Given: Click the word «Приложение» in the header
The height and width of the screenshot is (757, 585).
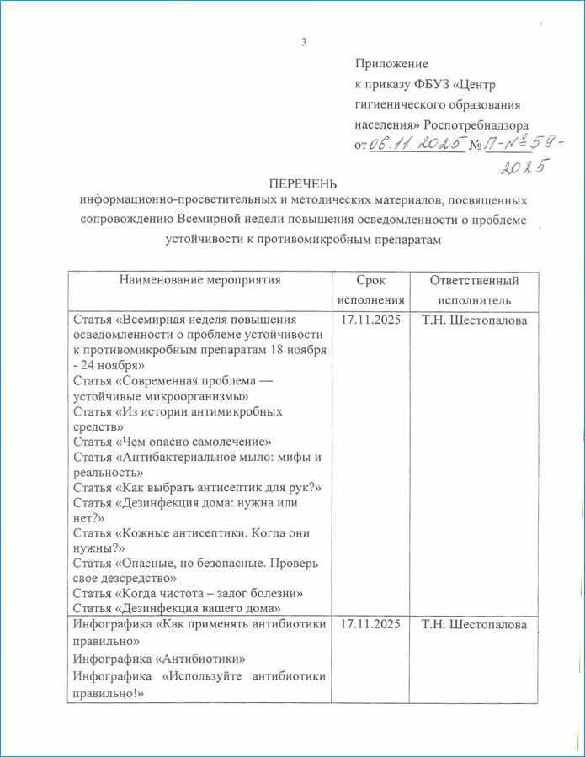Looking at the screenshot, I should (391, 64).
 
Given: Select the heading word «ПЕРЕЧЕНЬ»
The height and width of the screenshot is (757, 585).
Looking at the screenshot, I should (302, 183).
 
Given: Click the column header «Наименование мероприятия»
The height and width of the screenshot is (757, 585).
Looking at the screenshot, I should (199, 280).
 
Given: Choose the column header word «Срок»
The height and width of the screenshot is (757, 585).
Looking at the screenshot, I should (370, 281).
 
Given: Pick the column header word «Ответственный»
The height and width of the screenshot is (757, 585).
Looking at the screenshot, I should (473, 281).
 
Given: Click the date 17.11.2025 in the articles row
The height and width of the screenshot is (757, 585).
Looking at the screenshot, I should (371, 320).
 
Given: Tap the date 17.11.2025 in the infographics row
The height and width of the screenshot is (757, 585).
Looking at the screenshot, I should (371, 624).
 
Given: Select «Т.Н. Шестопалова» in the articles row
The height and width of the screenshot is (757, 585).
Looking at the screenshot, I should (475, 320).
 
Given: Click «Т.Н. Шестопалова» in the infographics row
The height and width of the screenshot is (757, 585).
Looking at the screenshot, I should (475, 624).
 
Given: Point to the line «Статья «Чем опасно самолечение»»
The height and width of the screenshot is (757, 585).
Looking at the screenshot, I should (172, 442).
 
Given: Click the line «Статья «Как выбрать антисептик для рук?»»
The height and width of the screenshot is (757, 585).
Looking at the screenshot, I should (199, 487).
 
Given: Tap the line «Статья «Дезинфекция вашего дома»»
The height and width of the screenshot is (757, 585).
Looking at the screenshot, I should (177, 608).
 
